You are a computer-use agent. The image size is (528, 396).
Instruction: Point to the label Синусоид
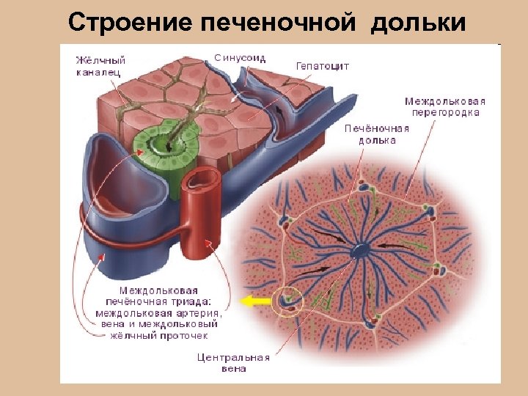(x=240, y=58)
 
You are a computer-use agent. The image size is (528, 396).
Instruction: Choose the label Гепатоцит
(x=323, y=66)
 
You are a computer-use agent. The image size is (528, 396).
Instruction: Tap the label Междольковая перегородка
(x=445, y=107)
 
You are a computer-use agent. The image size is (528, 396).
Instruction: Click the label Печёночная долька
(x=377, y=134)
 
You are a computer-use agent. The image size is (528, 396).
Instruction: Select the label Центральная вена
(x=234, y=363)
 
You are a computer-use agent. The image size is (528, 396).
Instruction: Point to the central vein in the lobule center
(x=362, y=250)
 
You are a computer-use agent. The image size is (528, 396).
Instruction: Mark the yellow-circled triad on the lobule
(x=287, y=301)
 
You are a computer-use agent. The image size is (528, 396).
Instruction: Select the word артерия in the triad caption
(x=194, y=313)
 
